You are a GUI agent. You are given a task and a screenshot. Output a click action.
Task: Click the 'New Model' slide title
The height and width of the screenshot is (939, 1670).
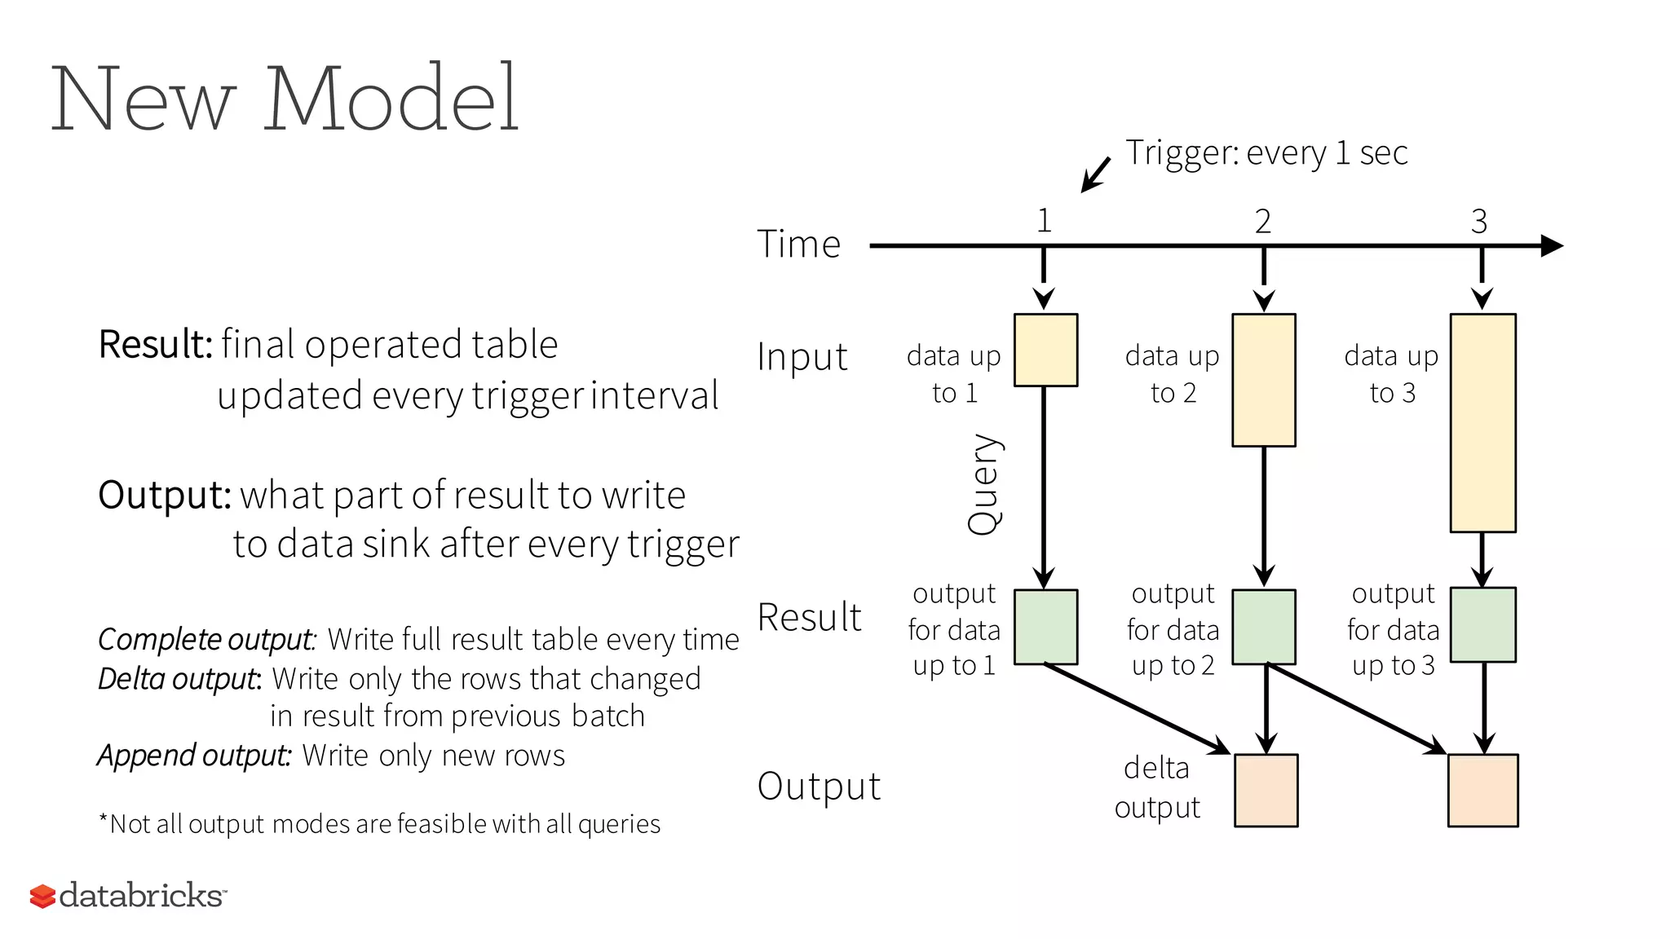[285, 99]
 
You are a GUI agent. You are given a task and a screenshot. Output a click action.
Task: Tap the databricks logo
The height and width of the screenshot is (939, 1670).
[128, 895]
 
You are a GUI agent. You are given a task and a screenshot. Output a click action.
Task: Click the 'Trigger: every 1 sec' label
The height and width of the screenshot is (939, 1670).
[1266, 153]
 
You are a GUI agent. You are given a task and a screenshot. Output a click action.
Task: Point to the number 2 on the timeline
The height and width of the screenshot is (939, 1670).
[1262, 222]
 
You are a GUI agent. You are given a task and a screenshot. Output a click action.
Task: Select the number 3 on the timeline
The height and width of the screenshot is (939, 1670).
[1479, 222]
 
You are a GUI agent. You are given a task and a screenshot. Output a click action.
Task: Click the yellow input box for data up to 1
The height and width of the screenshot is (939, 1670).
[1045, 350]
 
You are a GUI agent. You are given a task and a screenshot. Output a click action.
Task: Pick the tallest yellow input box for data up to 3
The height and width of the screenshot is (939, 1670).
[1482, 423]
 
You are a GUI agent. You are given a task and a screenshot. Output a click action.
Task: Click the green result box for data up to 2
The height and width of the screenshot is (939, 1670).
[1263, 627]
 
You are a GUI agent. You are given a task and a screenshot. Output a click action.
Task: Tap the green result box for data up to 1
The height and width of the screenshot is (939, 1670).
[1045, 627]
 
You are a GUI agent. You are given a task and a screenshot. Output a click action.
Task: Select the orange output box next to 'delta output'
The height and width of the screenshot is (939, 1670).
[1266, 790]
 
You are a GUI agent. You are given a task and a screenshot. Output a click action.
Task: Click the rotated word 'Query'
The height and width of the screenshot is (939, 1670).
[983, 484]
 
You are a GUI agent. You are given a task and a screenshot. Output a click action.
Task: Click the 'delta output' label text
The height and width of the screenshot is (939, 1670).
[1157, 787]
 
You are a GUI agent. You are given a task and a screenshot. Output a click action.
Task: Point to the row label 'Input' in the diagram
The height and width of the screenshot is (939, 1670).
[802, 357]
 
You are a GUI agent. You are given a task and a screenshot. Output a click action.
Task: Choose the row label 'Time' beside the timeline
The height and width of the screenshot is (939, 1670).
[798, 244]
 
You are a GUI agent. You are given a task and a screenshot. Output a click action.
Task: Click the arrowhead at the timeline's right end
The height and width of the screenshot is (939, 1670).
[1551, 245]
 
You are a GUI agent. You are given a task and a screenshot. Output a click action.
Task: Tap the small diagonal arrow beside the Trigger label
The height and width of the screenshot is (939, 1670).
[1095, 174]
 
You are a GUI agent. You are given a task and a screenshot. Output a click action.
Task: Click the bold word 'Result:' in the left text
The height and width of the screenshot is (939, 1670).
[156, 344]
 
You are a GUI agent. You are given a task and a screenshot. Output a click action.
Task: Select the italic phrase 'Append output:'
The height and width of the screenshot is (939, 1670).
[194, 755]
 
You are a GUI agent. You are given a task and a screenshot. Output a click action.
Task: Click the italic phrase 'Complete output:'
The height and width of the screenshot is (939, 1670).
[206, 639]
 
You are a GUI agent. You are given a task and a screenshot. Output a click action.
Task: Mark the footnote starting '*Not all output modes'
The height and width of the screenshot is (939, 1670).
[379, 824]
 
